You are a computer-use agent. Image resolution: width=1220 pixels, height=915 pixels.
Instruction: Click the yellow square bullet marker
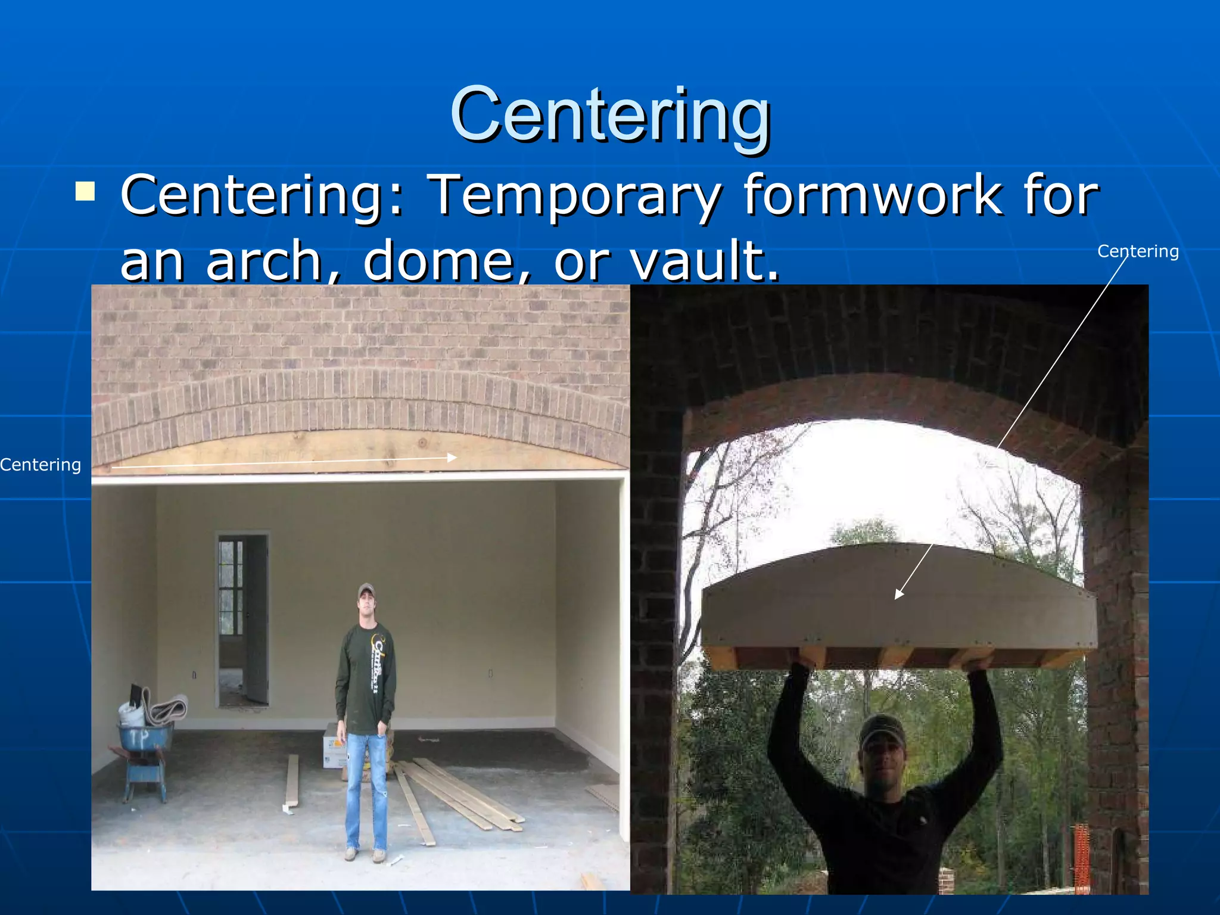click(x=85, y=192)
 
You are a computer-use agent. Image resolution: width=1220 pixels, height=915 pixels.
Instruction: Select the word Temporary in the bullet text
click(x=575, y=195)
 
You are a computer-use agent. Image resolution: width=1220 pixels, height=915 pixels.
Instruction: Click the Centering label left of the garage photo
click(x=41, y=465)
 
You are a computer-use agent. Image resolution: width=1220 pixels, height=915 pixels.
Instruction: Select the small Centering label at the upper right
click(x=1137, y=251)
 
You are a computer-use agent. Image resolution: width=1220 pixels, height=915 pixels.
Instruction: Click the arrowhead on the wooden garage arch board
click(x=453, y=457)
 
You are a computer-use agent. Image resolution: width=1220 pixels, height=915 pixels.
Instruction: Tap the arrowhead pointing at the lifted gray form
click(x=899, y=594)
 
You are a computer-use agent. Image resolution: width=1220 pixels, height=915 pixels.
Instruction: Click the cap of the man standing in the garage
click(x=366, y=590)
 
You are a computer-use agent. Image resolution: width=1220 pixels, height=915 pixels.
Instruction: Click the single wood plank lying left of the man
click(x=292, y=780)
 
